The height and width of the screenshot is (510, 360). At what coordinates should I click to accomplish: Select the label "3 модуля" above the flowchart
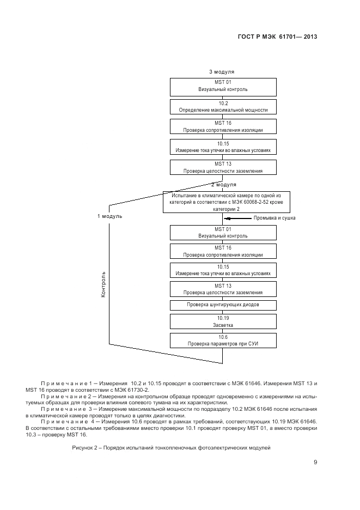[222, 71]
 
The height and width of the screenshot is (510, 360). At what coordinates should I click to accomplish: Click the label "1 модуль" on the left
[109, 216]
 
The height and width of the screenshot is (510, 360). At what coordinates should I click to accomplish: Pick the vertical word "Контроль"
[103, 283]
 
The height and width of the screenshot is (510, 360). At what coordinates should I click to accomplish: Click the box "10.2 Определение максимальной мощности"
[223, 106]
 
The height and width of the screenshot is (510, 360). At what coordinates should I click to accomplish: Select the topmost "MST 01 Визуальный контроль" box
[223, 86]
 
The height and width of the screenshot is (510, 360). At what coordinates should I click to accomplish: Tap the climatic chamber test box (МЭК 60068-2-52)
[223, 202]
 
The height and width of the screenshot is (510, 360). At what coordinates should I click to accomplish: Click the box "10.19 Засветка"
[223, 321]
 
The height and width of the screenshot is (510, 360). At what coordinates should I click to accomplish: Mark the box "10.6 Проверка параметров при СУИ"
[223, 341]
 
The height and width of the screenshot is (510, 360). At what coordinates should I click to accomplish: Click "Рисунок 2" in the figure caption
[85, 447]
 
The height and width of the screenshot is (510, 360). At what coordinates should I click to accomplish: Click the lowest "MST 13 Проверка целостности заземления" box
[223, 289]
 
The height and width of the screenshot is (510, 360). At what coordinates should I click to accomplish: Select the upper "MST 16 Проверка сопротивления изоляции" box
[223, 127]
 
